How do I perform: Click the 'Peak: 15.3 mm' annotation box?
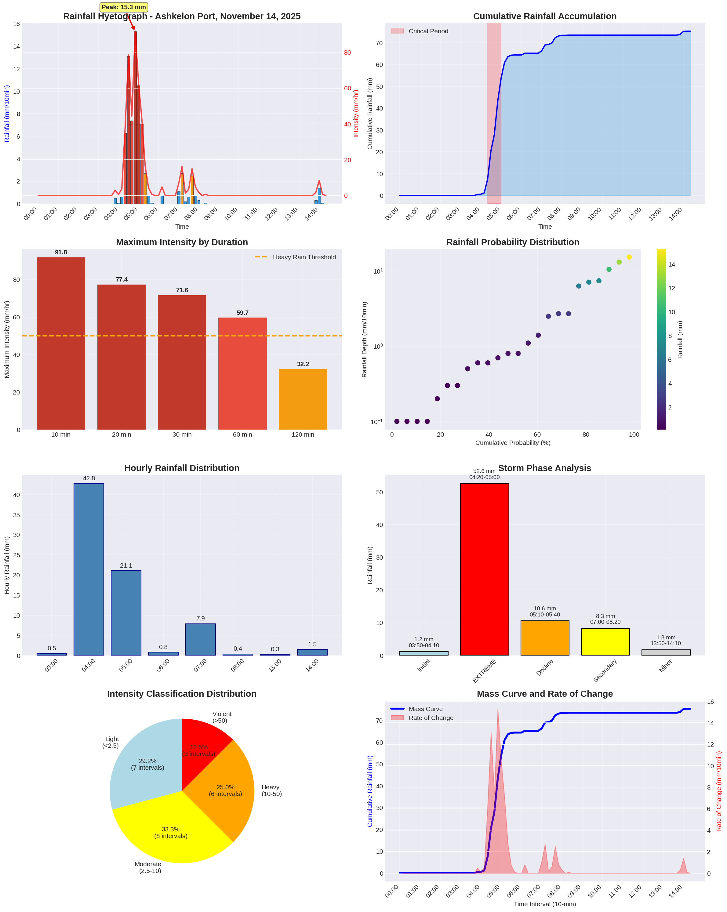(123, 7)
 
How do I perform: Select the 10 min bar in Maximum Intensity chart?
(61, 343)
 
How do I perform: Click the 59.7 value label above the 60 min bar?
(242, 313)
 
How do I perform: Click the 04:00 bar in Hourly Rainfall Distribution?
(89, 569)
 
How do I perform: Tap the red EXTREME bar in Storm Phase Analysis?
(484, 569)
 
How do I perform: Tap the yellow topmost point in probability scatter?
(629, 257)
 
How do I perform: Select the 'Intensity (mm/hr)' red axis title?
(356, 113)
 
